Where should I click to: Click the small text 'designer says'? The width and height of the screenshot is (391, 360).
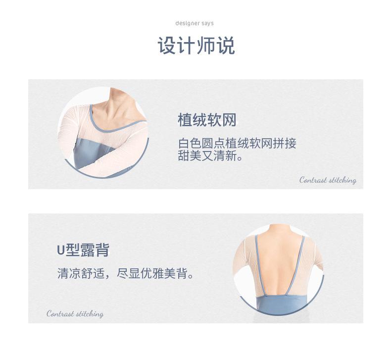[195, 23]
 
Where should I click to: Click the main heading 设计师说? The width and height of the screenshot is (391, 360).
[195, 46]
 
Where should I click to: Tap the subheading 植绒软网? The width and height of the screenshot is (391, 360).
[207, 120]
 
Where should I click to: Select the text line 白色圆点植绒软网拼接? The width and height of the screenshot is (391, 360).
[237, 144]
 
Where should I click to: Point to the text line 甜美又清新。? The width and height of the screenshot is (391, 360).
[210, 157]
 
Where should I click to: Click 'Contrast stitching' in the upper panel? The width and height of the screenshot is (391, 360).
[328, 180]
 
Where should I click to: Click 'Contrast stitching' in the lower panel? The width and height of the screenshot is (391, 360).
[75, 314]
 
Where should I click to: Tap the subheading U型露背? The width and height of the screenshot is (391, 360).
[83, 250]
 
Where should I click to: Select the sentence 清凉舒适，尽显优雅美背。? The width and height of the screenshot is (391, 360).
[125, 273]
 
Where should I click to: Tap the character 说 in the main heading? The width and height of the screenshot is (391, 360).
[225, 46]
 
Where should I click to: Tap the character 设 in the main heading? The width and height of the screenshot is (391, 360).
[167, 46]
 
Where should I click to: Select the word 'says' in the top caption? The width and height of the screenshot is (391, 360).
[207, 23]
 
